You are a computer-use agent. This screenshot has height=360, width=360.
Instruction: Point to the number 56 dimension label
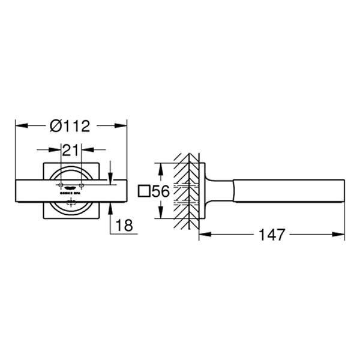(160, 192)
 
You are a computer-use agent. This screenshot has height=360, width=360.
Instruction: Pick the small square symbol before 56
(143, 192)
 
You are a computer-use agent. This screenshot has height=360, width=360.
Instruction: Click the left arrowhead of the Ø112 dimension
(19, 125)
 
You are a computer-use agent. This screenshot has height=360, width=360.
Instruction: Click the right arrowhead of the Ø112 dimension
(123, 125)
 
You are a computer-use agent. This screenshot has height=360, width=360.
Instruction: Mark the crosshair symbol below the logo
(70, 204)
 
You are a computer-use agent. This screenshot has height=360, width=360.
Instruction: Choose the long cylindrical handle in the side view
(288, 191)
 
